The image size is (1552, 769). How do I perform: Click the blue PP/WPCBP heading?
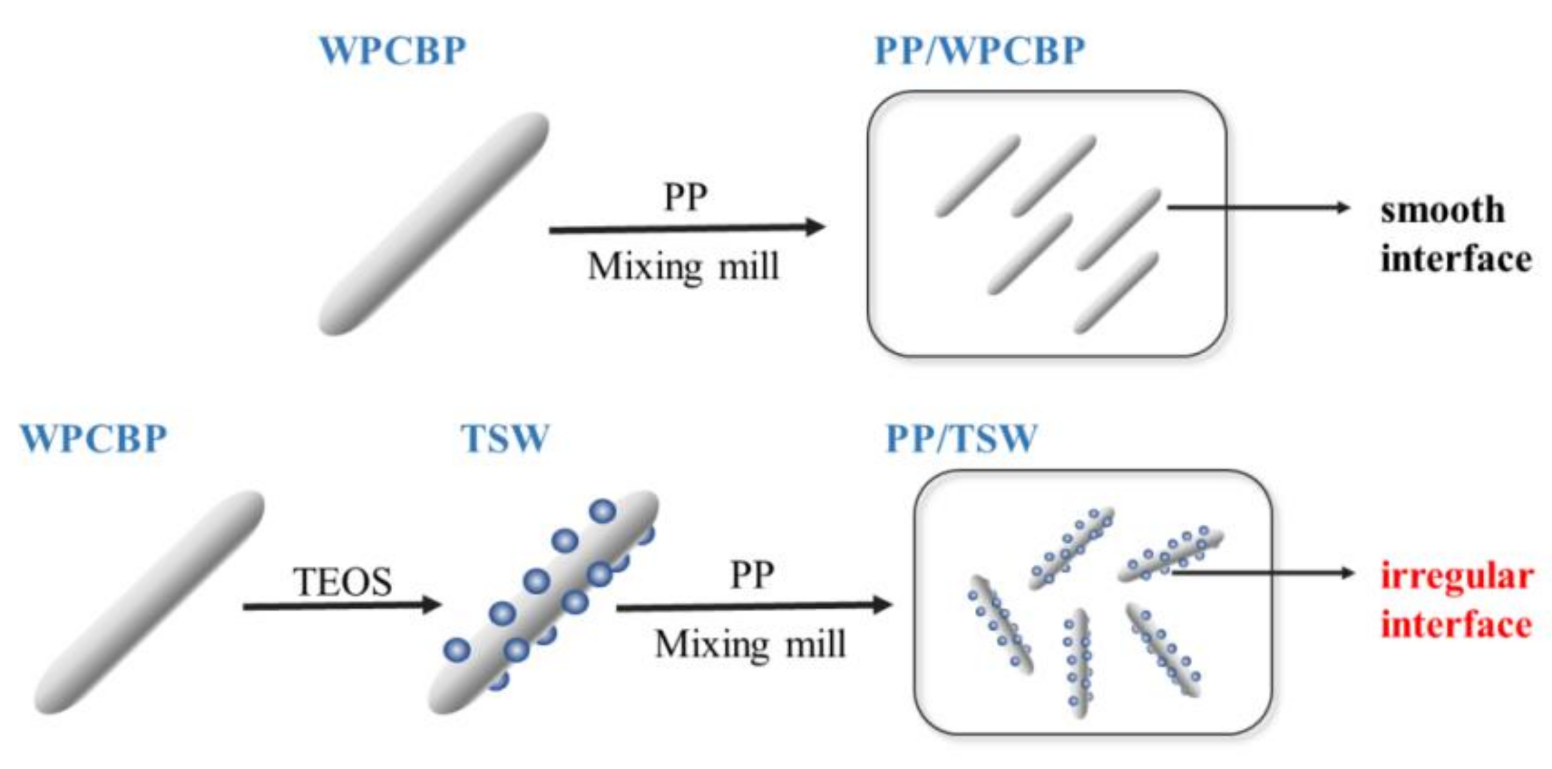tap(979, 50)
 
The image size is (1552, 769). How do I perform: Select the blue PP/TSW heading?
tap(961, 438)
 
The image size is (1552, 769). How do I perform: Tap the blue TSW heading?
tap(505, 438)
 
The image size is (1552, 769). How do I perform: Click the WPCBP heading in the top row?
tap(393, 50)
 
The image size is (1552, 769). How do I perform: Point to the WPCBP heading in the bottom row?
tap(93, 438)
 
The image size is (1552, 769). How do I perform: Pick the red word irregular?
tap(1457, 575)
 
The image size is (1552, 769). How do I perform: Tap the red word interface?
tap(1456, 625)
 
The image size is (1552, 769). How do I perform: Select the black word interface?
tap(1455, 258)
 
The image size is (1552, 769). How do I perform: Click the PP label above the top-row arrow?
tap(685, 197)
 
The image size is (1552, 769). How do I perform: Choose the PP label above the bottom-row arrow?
tap(751, 575)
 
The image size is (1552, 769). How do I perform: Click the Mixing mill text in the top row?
tap(683, 267)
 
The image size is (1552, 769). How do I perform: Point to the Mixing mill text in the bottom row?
tap(750, 644)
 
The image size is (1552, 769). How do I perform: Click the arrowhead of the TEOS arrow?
tap(433, 605)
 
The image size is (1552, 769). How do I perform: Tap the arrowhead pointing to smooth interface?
tap(1343, 208)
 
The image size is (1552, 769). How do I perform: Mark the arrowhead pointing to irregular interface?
tap(1348, 573)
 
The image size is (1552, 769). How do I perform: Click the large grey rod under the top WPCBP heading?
tap(433, 224)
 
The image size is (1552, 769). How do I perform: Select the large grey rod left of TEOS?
tap(149, 602)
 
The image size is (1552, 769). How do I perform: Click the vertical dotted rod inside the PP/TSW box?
tap(1077, 662)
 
